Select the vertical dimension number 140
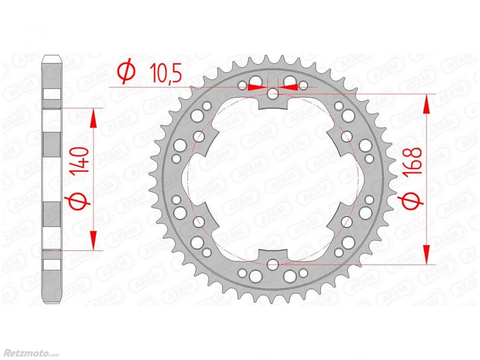(x=79, y=164)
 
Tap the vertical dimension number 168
(x=412, y=161)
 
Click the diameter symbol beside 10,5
(x=126, y=71)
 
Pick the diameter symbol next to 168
(x=411, y=198)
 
